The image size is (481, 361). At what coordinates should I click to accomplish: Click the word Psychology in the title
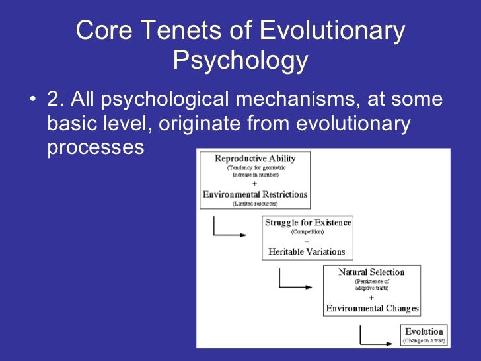point(240,61)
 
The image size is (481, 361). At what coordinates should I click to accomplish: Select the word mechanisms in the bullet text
point(297,100)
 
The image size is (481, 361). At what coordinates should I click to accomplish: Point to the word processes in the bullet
point(95,147)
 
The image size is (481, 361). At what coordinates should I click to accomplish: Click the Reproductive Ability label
point(255,159)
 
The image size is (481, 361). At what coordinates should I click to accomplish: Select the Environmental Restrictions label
point(255,194)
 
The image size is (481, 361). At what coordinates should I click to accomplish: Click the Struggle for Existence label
point(308,223)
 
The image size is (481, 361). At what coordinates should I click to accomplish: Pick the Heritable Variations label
point(307,251)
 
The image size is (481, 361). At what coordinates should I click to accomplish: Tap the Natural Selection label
point(371,272)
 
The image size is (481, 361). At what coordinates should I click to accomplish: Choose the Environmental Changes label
point(372,308)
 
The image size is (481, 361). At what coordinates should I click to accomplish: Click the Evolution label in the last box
point(424,331)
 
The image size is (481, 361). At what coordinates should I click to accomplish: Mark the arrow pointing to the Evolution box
point(377,338)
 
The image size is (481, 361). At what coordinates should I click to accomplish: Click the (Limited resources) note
point(255,204)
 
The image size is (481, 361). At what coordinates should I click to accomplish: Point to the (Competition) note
point(308,232)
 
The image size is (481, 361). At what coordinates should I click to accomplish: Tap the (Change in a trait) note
point(424,341)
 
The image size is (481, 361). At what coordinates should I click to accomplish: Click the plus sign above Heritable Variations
point(307,241)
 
